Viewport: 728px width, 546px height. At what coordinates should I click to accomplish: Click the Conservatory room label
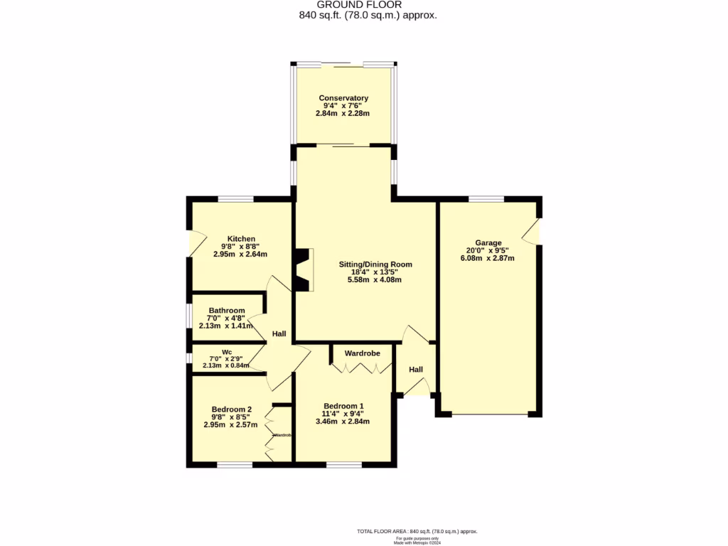click(x=343, y=98)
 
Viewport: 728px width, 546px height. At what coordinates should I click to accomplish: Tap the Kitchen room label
click(x=241, y=239)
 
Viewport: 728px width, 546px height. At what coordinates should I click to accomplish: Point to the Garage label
click(x=488, y=242)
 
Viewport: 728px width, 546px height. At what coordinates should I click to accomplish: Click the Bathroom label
click(x=227, y=311)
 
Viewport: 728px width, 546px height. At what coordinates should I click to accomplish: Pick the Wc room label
click(x=226, y=352)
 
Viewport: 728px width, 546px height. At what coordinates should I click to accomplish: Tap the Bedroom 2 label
click(x=231, y=409)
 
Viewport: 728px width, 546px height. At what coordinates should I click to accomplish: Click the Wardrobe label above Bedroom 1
click(x=362, y=353)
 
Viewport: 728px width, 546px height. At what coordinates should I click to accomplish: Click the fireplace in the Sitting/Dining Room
click(x=304, y=269)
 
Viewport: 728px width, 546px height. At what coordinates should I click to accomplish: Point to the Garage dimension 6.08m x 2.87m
click(x=488, y=258)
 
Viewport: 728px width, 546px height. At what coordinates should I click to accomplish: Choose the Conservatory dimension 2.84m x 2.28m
click(x=343, y=113)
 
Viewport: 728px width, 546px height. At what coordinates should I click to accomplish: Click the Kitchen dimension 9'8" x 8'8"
click(x=241, y=247)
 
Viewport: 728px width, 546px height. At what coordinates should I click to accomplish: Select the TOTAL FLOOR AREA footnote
click(x=417, y=531)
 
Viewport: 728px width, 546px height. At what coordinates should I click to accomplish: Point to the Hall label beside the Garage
click(x=416, y=370)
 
